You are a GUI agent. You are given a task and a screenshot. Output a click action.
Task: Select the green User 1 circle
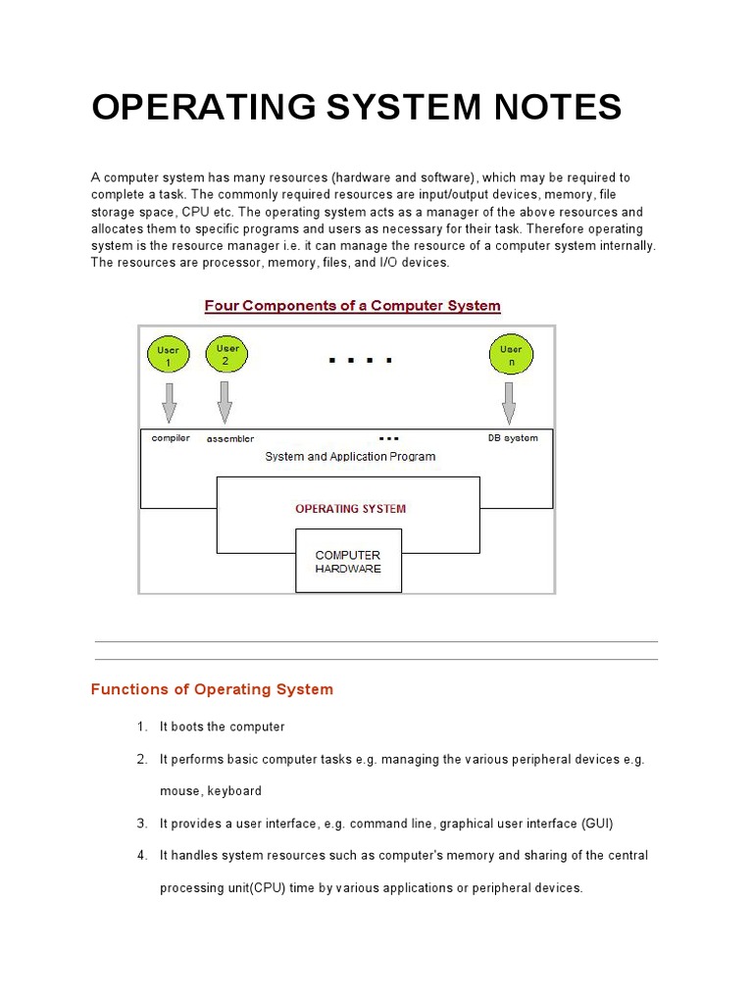(x=169, y=356)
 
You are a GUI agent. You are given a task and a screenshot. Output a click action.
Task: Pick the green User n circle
(x=511, y=355)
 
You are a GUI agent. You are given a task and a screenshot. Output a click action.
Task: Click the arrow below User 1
(x=169, y=401)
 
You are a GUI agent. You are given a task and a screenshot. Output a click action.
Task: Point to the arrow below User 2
(x=226, y=401)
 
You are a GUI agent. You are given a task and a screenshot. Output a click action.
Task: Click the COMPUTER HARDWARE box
(x=348, y=562)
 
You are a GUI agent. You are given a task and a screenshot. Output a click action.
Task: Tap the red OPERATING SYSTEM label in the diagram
(x=350, y=509)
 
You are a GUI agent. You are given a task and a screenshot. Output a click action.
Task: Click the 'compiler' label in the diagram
(x=171, y=437)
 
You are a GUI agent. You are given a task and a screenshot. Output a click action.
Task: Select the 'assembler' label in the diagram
(x=230, y=438)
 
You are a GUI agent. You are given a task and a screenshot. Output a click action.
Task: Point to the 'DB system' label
(x=513, y=437)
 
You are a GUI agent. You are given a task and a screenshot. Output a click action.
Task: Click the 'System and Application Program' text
(x=350, y=456)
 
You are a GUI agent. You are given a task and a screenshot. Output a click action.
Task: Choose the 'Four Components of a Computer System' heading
(x=352, y=305)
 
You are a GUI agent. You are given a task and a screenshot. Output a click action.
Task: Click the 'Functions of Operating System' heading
(x=212, y=689)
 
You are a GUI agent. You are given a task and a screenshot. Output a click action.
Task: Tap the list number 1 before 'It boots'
(x=141, y=727)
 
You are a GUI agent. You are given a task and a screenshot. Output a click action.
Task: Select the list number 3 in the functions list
(x=141, y=823)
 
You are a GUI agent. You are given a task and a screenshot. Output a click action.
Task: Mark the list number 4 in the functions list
(x=141, y=855)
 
